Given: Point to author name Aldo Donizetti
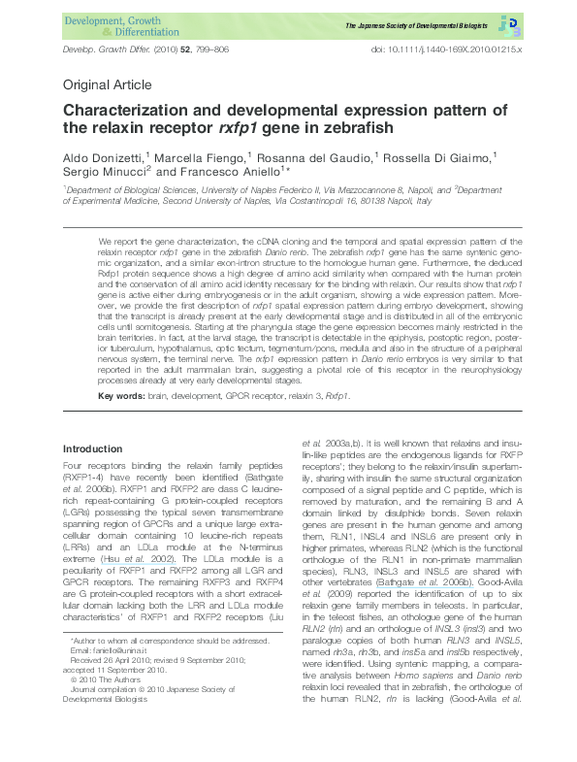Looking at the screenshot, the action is tap(102, 157).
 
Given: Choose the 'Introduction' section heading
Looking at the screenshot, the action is tap(93, 449).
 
